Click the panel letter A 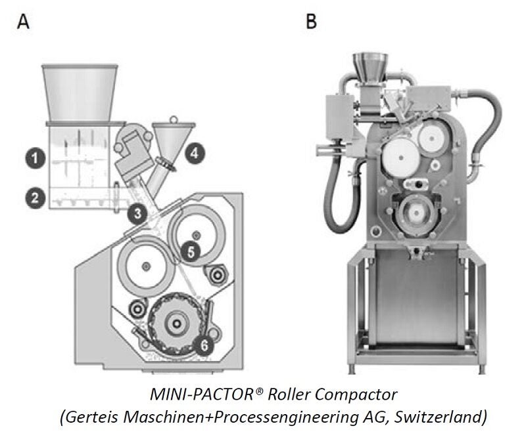[24, 22]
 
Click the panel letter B [312, 22]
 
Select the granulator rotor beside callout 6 [176, 324]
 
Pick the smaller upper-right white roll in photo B [431, 137]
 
